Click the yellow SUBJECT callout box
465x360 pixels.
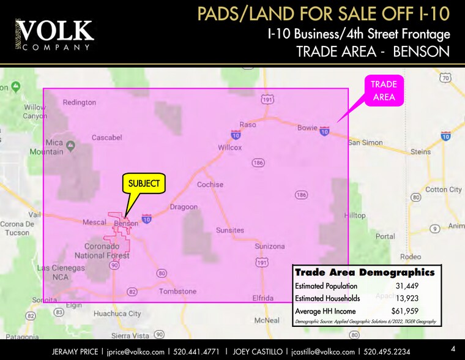144,183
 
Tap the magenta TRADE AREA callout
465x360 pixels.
384,91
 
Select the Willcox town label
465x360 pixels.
230,148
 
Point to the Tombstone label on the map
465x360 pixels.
177,291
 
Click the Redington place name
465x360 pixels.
80,102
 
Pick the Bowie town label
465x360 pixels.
307,128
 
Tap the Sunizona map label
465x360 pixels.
270,246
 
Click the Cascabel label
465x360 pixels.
107,138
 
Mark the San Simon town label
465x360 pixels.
365,143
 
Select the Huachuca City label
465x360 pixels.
117,313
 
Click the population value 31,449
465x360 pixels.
406,286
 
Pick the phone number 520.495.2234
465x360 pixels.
387,351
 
